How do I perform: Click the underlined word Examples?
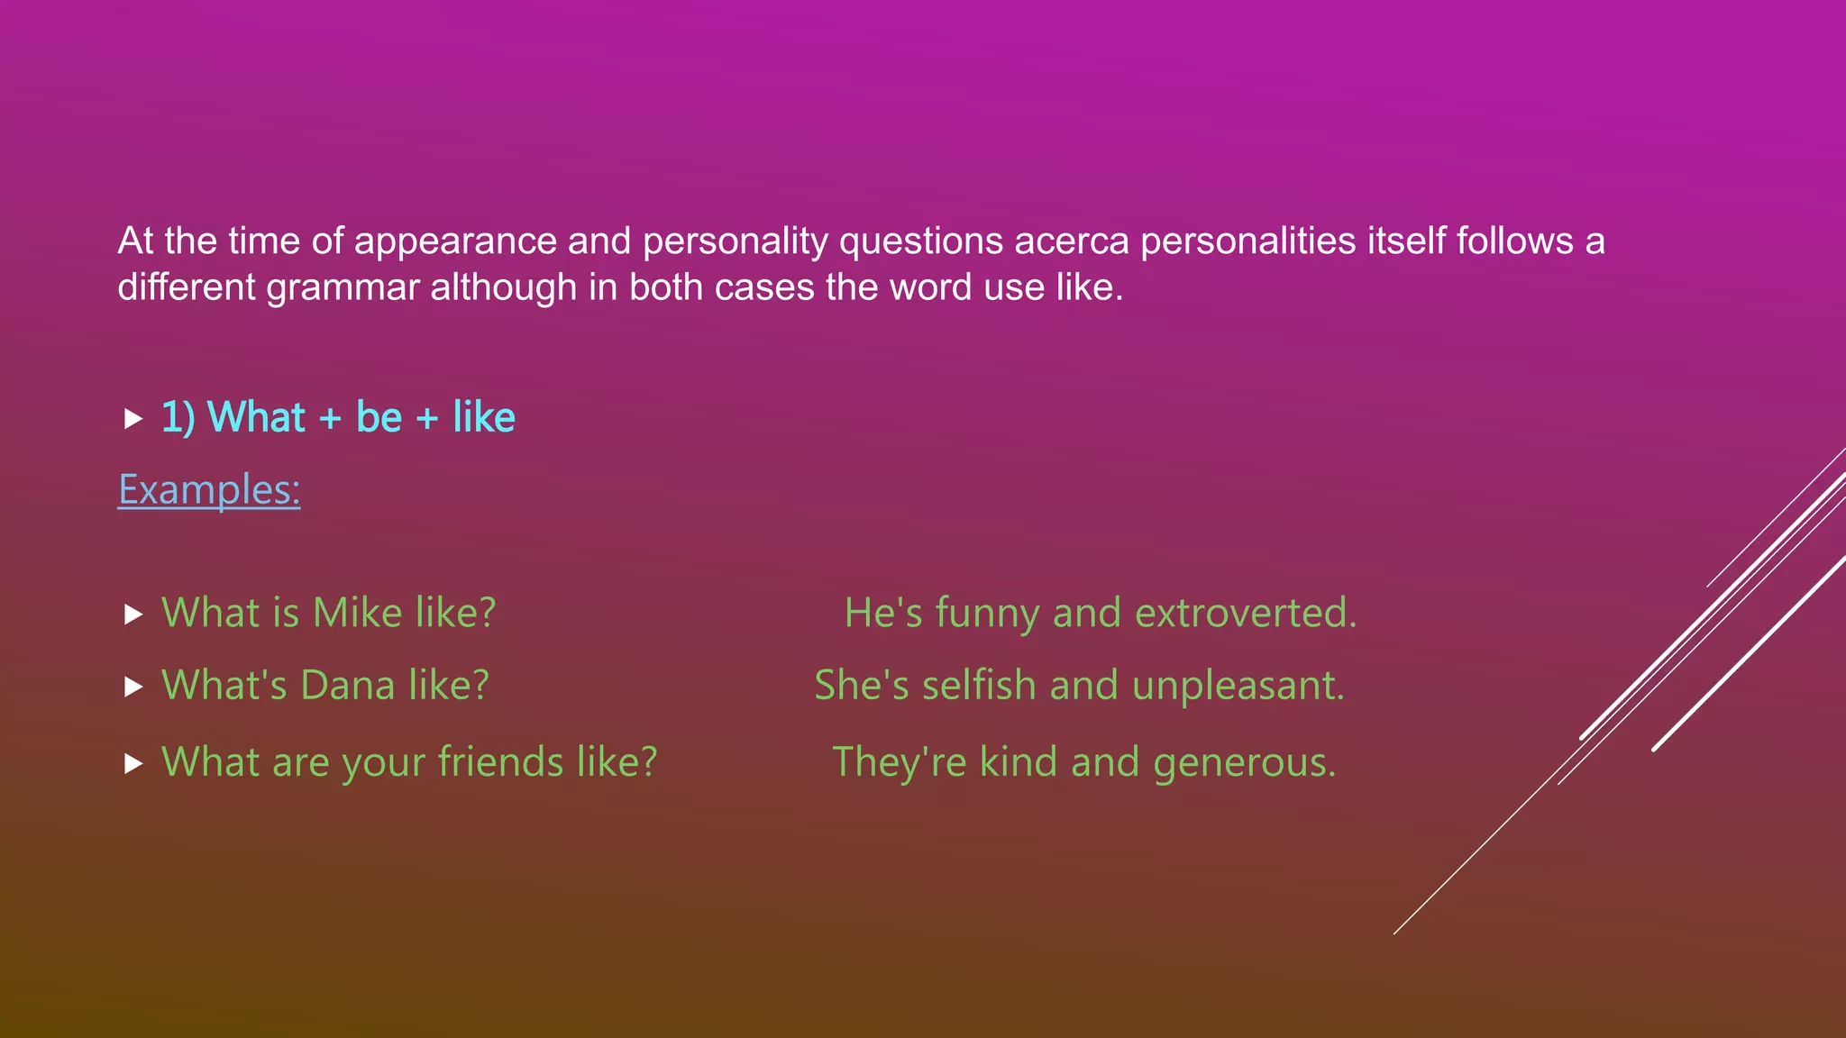[209, 490]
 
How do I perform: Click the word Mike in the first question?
[357, 614]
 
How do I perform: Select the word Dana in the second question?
[347, 686]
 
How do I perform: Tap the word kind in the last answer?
[1019, 762]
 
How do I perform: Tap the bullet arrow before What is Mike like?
[133, 615]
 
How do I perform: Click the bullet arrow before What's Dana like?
[133, 687]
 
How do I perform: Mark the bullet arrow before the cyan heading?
[133, 418]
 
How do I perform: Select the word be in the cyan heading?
[379, 417]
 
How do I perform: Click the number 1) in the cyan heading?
[178, 418]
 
